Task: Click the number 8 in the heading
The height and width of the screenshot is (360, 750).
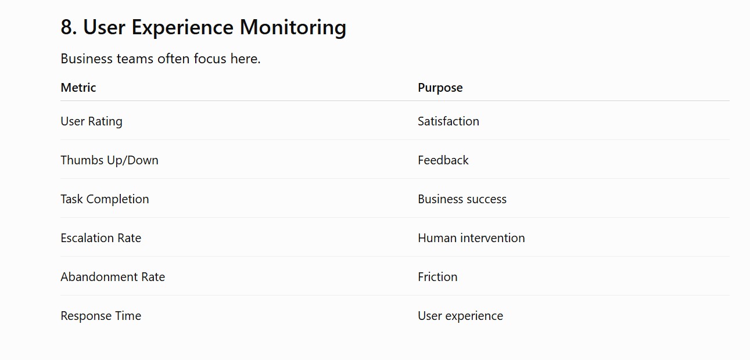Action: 67,27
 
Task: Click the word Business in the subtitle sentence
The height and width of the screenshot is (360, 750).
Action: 87,59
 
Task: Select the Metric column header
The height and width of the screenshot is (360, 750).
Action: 78,88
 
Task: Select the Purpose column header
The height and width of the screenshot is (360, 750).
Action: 440,88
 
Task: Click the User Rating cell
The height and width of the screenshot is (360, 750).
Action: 91,121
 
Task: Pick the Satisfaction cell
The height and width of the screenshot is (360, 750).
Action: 448,121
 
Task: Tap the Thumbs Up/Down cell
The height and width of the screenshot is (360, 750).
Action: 109,160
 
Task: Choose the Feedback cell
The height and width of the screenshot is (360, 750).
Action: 443,160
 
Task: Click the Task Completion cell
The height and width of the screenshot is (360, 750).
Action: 105,199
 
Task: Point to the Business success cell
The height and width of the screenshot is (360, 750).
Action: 462,199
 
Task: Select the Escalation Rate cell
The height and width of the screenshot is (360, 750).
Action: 101,238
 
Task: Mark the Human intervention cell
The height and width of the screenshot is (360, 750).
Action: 471,238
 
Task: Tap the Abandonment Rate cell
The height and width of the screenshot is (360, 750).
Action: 113,277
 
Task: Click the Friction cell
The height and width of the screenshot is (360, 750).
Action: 437,277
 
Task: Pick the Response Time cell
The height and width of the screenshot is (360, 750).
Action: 101,316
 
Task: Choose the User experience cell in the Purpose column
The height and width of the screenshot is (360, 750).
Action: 460,316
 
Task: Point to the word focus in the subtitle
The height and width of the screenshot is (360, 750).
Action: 210,59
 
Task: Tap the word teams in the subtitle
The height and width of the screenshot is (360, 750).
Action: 135,59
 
